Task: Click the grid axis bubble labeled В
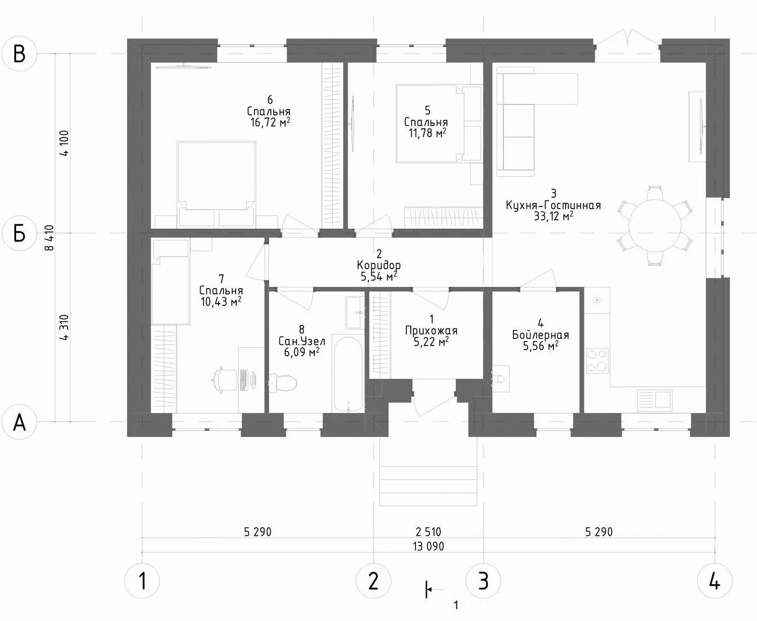coord(20,53)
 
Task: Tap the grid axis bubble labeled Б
coord(20,233)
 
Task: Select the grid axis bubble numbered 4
coord(714,581)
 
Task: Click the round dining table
coord(655,225)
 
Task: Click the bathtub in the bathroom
coord(348,374)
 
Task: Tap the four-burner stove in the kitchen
coord(597,361)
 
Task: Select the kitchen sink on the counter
coord(655,400)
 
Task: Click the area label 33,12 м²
coord(553,216)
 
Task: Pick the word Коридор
coord(379,266)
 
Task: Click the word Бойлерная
coord(540,335)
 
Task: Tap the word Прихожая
coord(431,330)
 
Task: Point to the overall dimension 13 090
coord(428,546)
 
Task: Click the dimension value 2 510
coord(428,531)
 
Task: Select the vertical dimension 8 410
coord(49,238)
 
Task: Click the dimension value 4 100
coord(64,143)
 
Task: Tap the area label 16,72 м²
coord(270,122)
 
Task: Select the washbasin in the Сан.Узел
coord(355,312)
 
